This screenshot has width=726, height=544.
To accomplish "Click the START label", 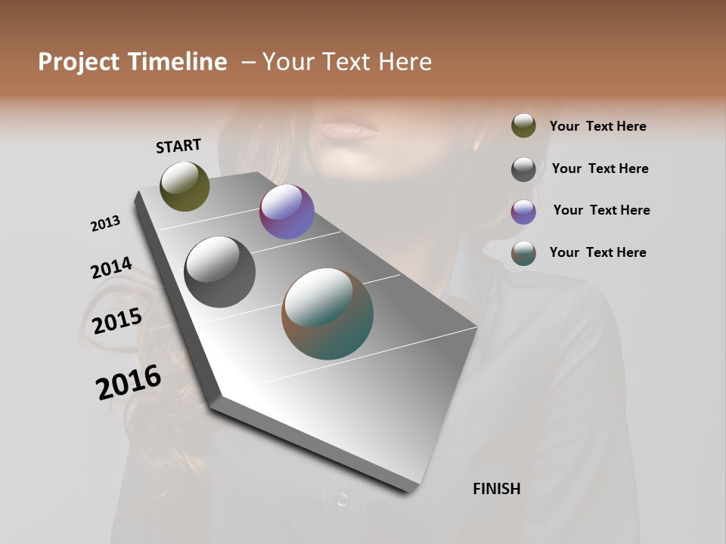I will pyautogui.click(x=178, y=146).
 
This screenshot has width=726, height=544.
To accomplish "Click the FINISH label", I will pyautogui.click(x=496, y=489).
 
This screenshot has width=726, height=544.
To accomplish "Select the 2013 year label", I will pyautogui.click(x=105, y=224).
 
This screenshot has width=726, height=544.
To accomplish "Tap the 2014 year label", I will pyautogui.click(x=111, y=268).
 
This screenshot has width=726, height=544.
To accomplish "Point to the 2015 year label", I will pyautogui.click(x=117, y=321).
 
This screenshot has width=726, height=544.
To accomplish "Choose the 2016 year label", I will pyautogui.click(x=129, y=382).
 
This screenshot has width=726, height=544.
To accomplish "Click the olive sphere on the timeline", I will pyautogui.click(x=185, y=186).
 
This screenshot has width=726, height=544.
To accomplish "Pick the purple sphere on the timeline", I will pyautogui.click(x=287, y=212).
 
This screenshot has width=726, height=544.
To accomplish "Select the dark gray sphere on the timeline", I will pyautogui.click(x=219, y=272).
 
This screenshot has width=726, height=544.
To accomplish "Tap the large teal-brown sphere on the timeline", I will pyautogui.click(x=327, y=314).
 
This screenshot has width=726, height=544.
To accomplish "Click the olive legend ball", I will pyautogui.click(x=523, y=126).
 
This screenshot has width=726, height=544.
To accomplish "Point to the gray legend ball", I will pyautogui.click(x=523, y=169).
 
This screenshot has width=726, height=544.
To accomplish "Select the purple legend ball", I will pyautogui.click(x=523, y=212).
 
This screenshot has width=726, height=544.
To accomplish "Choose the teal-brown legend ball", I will pyautogui.click(x=523, y=253).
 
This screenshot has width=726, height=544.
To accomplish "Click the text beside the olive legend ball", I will pyautogui.click(x=597, y=126).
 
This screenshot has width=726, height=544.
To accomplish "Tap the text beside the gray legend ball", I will pyautogui.click(x=600, y=168).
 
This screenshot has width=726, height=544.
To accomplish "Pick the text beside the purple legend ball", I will pyautogui.click(x=601, y=210).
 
